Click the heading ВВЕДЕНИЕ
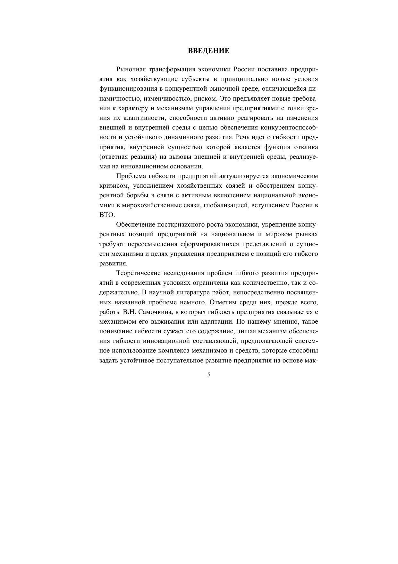coord(208,50)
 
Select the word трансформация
coord(173,69)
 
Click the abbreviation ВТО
coord(107,215)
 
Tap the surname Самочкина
coord(155,312)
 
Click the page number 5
coord(209,374)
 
